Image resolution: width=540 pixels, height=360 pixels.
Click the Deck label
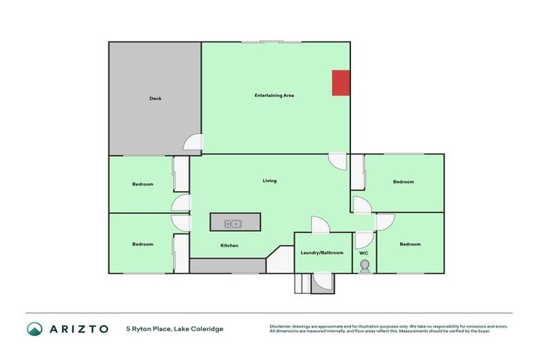pyautogui.click(x=155, y=98)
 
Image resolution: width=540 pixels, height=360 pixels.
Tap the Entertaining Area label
pyautogui.click(x=274, y=95)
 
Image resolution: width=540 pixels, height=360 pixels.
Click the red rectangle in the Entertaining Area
pyautogui.click(x=341, y=82)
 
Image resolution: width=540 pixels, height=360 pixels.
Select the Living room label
pyautogui.click(x=269, y=181)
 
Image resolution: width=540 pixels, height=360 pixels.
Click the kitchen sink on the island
pyautogui.click(x=233, y=224)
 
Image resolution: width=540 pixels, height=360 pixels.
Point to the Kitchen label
pyautogui.click(x=230, y=245)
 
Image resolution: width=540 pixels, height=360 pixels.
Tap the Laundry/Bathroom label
pyautogui.click(x=322, y=252)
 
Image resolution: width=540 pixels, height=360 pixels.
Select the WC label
pyautogui.click(x=364, y=253)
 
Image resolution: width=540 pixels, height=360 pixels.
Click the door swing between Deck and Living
pyautogui.click(x=193, y=143)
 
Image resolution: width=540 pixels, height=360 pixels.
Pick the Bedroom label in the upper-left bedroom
pyautogui.click(x=143, y=184)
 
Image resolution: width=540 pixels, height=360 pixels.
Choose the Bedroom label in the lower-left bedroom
pyautogui.click(x=143, y=244)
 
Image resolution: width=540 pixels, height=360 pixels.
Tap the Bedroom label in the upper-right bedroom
pyautogui.click(x=404, y=182)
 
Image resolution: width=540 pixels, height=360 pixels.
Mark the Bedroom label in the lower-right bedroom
pyautogui.click(x=410, y=244)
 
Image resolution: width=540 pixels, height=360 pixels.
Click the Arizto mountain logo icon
pyautogui.click(x=34, y=328)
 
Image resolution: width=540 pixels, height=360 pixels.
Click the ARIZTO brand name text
pyautogui.click(x=79, y=328)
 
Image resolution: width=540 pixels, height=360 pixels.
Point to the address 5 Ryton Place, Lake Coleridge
pyautogui.click(x=175, y=328)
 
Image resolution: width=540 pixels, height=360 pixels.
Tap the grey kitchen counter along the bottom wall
pyautogui.click(x=227, y=266)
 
